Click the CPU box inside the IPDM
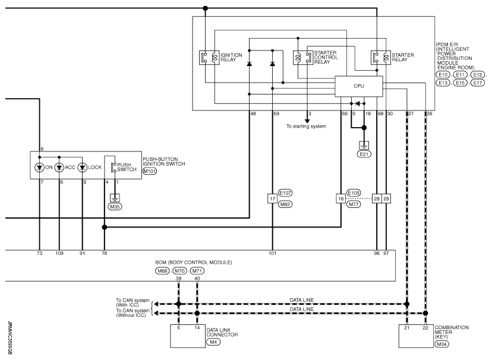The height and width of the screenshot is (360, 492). (359, 86)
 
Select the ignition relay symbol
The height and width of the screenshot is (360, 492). (209, 58)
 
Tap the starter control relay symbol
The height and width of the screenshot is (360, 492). (303, 58)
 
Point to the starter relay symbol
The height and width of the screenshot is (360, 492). (381, 58)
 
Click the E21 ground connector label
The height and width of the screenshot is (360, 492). (364, 154)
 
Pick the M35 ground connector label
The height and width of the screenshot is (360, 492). (115, 207)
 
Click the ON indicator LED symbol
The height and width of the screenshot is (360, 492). (40, 168)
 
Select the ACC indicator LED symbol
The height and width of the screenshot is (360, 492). (59, 168)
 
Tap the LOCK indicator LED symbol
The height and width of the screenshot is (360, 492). (82, 168)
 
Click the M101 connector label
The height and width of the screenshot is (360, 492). (150, 171)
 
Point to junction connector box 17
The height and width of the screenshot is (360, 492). (272, 198)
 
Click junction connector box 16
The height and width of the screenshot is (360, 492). (340, 198)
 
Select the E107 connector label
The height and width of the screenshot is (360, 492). (285, 193)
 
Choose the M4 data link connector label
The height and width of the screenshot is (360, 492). (213, 342)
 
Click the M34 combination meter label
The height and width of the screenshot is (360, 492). (442, 345)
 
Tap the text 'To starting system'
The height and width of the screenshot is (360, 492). (306, 127)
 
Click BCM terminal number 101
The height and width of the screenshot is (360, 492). (272, 254)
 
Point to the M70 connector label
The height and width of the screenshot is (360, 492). (180, 271)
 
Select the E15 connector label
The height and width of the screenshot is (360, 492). (461, 83)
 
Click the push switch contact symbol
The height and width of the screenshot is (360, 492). (113, 167)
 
